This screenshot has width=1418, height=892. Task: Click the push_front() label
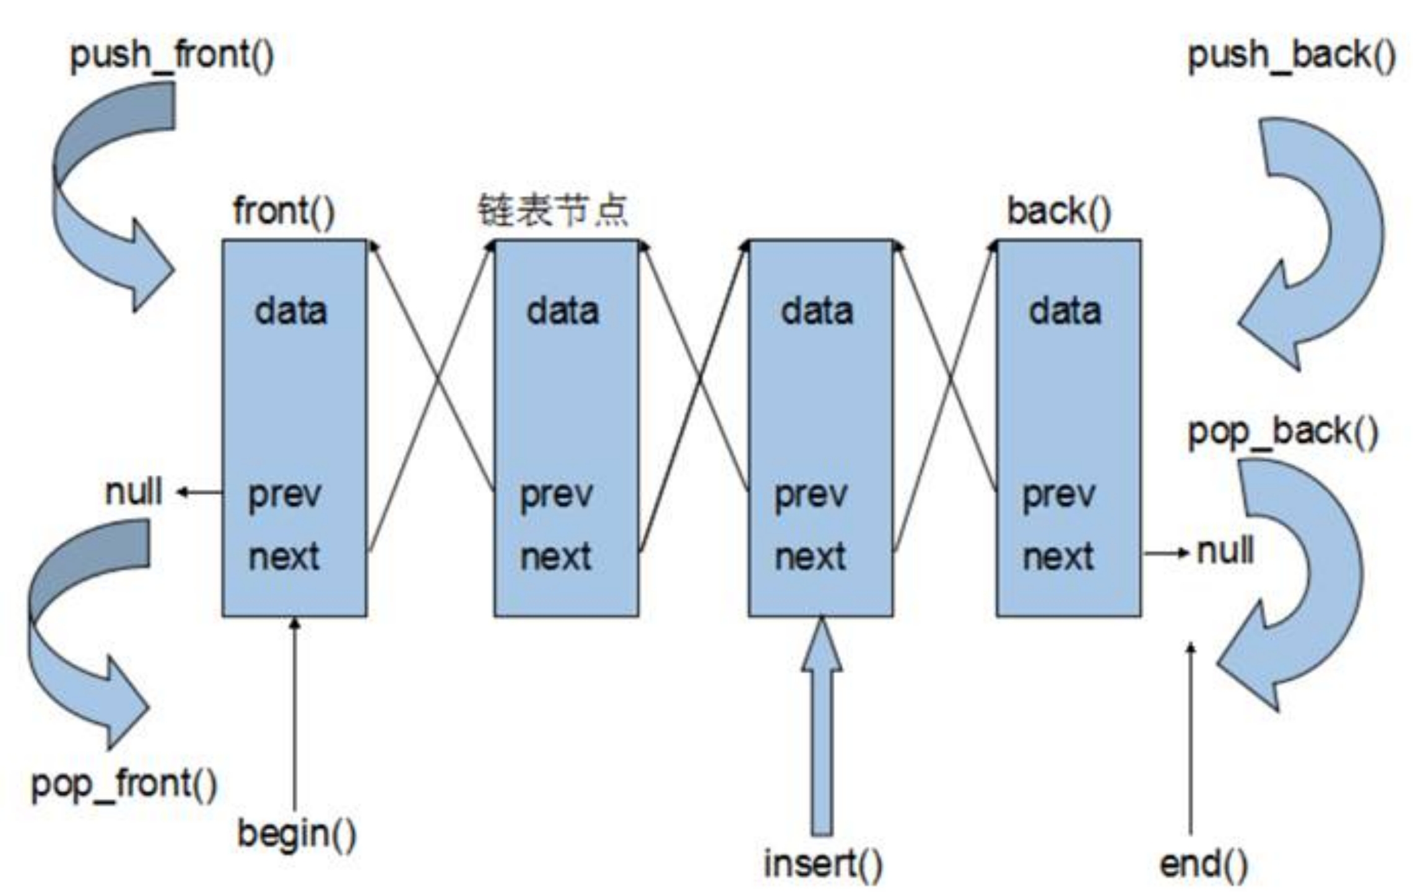coord(172,56)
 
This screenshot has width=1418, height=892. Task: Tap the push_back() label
coord(1292,56)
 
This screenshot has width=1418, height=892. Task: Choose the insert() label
coord(822,864)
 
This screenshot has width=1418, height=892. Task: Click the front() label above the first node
coord(284,212)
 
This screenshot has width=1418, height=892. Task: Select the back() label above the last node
coord(1059,212)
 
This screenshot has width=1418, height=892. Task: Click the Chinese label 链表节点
coord(553,211)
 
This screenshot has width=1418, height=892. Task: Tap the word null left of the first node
coord(133,492)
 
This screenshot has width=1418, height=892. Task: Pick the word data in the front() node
coord(290,311)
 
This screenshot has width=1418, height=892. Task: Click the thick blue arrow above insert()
coord(822,731)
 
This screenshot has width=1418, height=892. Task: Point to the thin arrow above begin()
coord(295,712)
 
